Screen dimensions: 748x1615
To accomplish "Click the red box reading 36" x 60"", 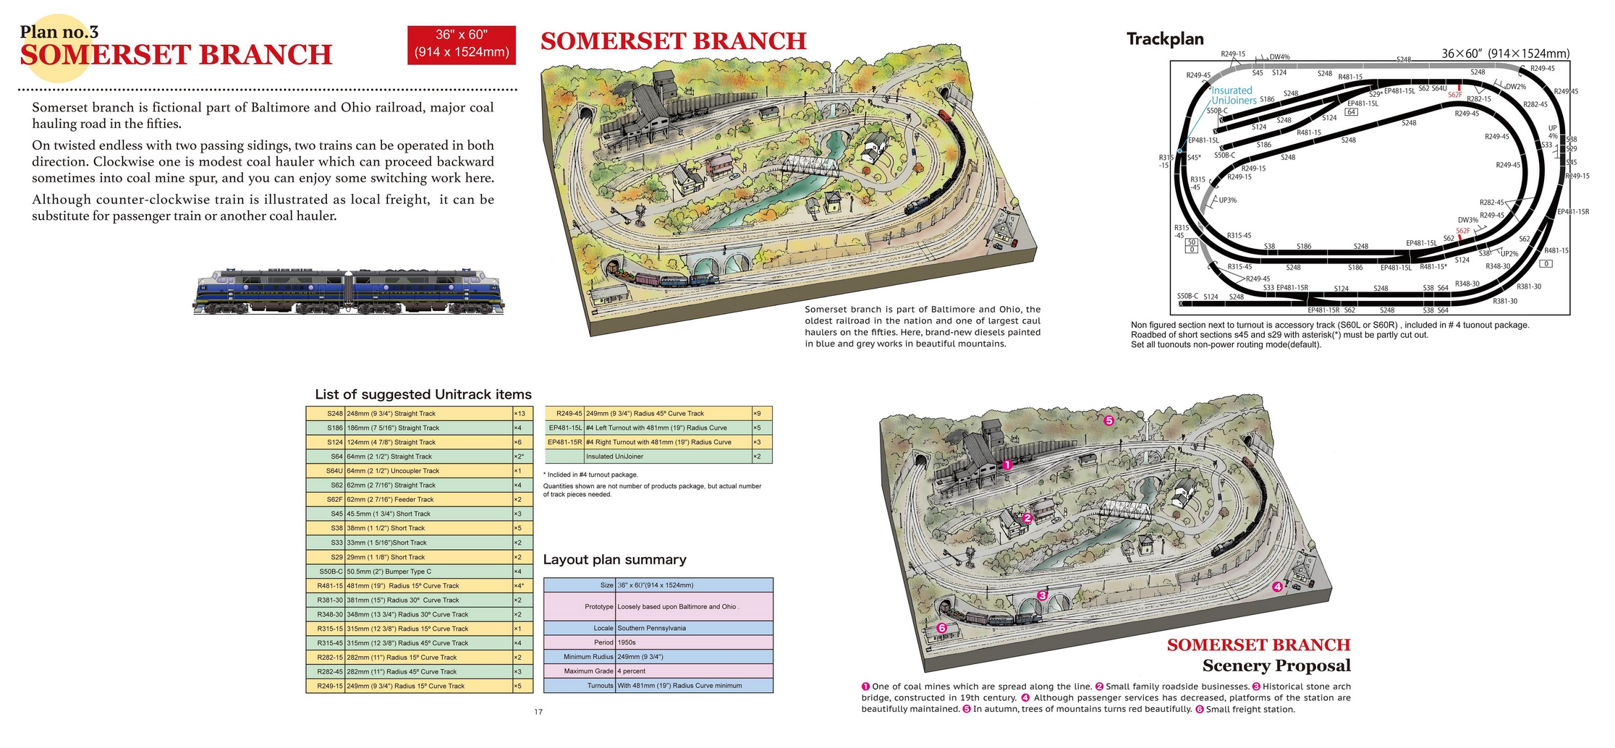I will point(461,44).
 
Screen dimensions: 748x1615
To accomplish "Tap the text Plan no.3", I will point(59,32).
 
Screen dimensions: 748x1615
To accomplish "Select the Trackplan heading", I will point(1164,39).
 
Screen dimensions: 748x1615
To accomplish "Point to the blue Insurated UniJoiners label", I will point(1234,95).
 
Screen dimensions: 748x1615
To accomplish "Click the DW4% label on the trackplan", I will point(1279,57).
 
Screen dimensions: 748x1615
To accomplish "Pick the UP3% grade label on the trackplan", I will point(1228,200).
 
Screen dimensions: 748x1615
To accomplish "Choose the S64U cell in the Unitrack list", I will point(326,471).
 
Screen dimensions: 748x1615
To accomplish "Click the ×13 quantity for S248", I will point(520,414).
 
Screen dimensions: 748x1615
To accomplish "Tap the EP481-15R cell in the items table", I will point(564,442).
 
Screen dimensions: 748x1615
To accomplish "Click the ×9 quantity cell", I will point(758,414).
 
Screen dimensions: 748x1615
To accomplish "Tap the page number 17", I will point(538,713).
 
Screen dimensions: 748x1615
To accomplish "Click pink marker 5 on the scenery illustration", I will point(1108,420).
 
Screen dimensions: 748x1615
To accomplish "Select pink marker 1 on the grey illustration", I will point(1006,465).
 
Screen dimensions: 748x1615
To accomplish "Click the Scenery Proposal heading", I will point(1276,666).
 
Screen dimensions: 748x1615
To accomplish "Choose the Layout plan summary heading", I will point(614,560).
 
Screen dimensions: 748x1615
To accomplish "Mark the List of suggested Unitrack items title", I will point(423,395).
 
